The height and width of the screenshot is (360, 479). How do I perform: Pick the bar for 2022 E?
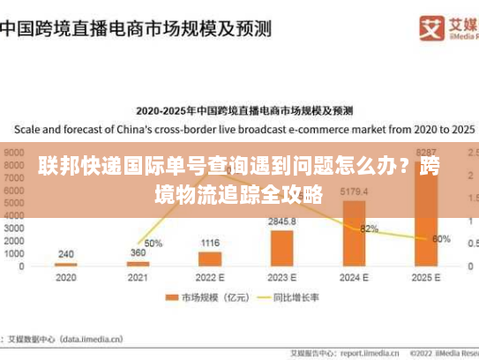tap(210, 259)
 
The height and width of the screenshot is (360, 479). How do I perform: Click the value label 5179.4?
tap(353, 191)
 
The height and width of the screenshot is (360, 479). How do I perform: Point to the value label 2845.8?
tap(282, 221)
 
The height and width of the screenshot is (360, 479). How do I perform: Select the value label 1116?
tap(210, 243)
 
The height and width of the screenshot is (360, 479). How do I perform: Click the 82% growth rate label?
tap(369, 229)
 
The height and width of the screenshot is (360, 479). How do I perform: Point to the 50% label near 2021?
tap(153, 243)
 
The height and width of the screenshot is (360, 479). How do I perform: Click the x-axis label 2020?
tap(65, 276)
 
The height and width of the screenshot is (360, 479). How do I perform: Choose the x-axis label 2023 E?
tap(282, 276)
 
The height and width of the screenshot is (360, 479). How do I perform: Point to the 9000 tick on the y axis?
tap(14, 151)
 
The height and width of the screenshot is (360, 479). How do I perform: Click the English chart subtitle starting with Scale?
tap(238, 127)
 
